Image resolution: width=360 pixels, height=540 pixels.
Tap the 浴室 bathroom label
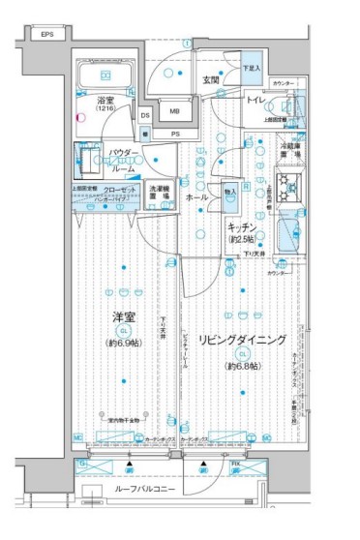pos(105,102)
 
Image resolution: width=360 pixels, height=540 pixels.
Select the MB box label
pos(174,110)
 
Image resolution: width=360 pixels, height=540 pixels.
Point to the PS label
pos(175,134)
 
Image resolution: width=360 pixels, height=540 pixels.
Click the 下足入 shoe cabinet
pos(249,69)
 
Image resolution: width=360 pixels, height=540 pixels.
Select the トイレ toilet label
pos(256,100)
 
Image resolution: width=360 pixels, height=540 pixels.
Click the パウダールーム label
pos(120,159)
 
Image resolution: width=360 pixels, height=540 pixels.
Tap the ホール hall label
pos(196,196)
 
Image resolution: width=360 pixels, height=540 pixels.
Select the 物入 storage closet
pos(229,198)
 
